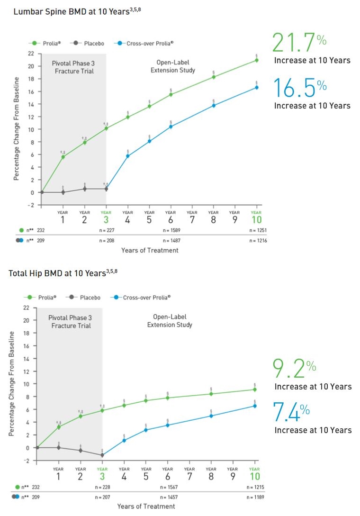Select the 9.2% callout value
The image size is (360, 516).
pos(294,369)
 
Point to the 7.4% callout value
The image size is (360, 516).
pos(291,412)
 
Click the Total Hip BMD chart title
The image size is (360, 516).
pos(63,273)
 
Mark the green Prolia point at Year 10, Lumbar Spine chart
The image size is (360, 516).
pos(256,60)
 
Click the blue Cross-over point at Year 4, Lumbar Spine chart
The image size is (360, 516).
pos(128,156)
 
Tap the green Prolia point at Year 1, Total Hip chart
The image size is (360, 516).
pos(59,427)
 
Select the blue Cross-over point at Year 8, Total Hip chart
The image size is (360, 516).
pos(211,416)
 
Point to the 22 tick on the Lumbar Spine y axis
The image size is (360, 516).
pos(31,54)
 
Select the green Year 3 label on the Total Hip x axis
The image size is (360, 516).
pos(102,474)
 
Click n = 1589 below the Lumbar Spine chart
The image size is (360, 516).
pos(171,230)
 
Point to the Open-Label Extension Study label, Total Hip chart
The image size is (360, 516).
pos(170,321)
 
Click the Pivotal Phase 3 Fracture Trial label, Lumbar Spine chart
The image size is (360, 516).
pos(73,67)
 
